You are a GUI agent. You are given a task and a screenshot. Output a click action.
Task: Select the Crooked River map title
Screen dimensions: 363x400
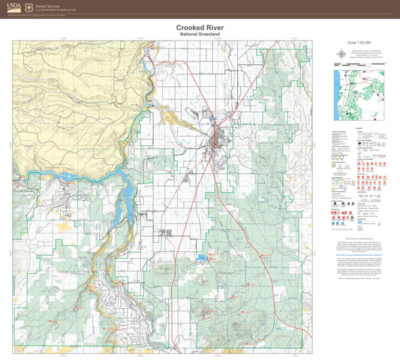tap(200, 28)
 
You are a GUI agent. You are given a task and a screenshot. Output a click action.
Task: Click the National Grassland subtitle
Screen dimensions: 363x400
tap(200, 34)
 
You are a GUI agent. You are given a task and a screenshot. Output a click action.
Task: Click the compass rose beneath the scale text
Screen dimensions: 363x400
tap(341, 54)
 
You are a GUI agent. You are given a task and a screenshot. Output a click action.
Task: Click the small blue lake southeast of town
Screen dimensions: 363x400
tap(203, 261)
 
